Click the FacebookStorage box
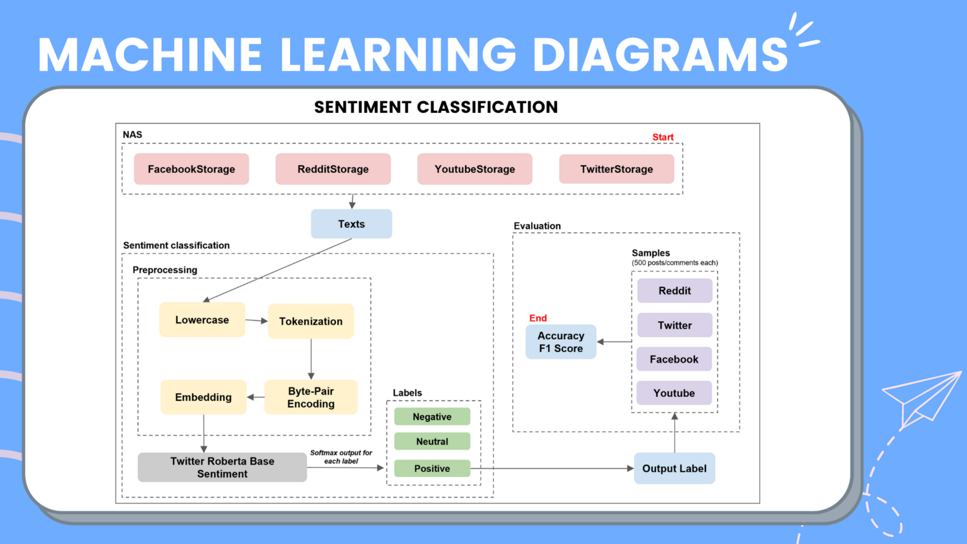coord(191,169)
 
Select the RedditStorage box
coord(333,169)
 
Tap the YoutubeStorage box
coord(474,169)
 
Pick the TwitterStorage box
coord(616,169)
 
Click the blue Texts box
coord(351,224)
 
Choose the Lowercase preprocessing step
coord(202,320)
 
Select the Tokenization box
coord(311,321)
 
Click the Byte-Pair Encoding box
coord(311,397)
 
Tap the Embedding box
coord(203,397)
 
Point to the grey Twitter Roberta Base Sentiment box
coord(222,467)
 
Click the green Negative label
coord(432,417)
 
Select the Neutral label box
coord(432,442)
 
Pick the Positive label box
coord(432,469)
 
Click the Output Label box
coord(674,469)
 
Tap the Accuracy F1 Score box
coord(561,342)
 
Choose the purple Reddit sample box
coord(674,291)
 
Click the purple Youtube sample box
coord(674,393)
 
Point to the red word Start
coord(663,137)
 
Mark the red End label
coord(538,318)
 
